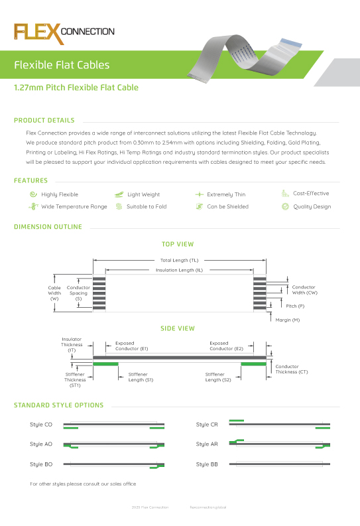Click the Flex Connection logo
click(x=64, y=32)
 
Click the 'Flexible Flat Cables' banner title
click(x=62, y=65)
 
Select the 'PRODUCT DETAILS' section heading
click(x=44, y=121)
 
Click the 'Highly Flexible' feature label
click(x=60, y=194)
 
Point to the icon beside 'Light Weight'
click(x=119, y=194)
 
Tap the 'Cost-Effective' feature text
click(x=311, y=194)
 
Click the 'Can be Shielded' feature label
click(x=227, y=206)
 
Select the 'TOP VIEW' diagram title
click(x=178, y=245)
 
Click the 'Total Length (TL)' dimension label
click(x=180, y=260)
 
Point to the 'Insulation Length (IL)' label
click(x=179, y=270)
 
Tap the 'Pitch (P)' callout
click(x=295, y=306)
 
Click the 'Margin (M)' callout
click(x=287, y=320)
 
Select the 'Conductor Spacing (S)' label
click(x=78, y=293)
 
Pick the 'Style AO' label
click(x=41, y=444)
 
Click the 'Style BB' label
click(x=207, y=464)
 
